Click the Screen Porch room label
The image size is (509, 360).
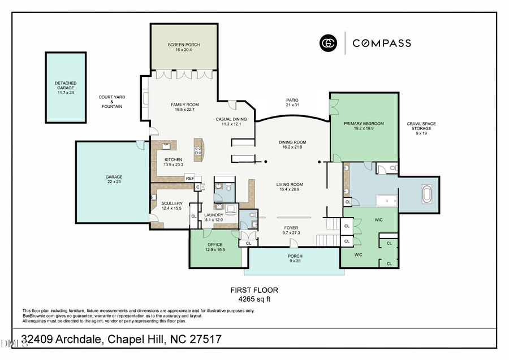[183, 47]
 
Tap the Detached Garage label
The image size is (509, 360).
[66, 88]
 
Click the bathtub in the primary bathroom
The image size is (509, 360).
[426, 195]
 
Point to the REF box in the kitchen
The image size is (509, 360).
[190, 179]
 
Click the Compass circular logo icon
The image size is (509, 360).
[328, 43]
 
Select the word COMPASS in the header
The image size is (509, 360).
[382, 43]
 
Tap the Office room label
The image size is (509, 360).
[215, 247]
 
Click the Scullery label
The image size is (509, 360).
[172, 206]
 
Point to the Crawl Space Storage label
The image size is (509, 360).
[421, 128]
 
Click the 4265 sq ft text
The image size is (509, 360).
[254, 299]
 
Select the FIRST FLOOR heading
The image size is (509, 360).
[254, 290]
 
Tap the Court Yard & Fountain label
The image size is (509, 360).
[112, 102]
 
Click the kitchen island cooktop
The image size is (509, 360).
[199, 150]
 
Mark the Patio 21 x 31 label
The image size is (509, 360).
[292, 103]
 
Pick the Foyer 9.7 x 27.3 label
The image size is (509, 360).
[291, 231]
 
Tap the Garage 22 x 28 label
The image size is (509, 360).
[114, 179]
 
